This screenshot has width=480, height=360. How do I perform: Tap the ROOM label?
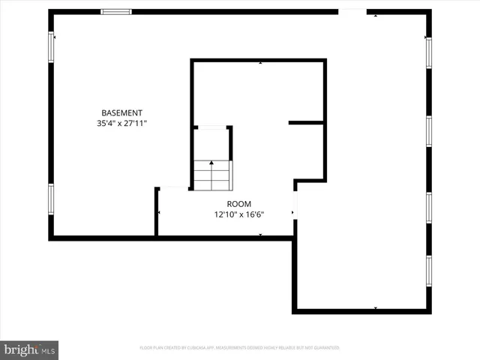pos(239,204)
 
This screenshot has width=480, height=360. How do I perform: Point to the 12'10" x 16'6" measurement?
pos(239,214)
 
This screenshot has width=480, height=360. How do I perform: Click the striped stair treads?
pos(212,177)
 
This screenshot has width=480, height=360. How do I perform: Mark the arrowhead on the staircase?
pos(212,162)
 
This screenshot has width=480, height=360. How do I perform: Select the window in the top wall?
pos(116,11)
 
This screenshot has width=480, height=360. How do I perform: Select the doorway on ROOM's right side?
pos(295,204)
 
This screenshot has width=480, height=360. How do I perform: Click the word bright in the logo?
pos(20,349)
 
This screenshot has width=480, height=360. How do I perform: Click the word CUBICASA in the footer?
pos(196,348)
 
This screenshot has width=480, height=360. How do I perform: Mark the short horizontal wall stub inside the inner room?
pos(306,122)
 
